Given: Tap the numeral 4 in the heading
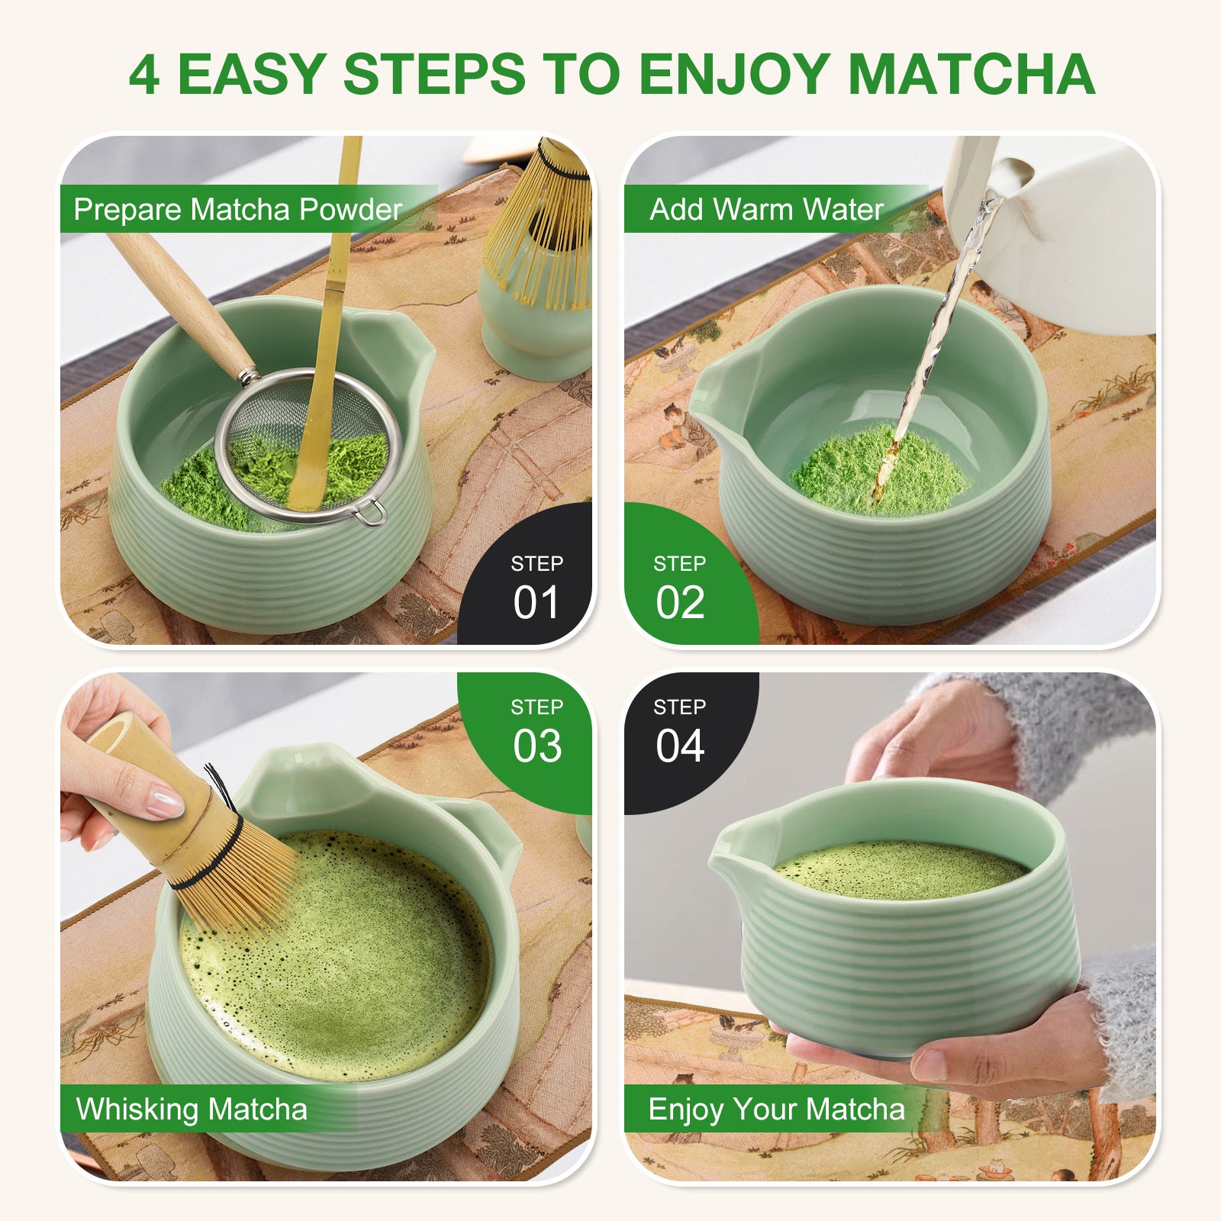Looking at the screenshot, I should tap(144, 76).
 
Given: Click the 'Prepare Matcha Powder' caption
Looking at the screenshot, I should tap(237, 209).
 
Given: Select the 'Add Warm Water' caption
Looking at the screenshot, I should tap(766, 209).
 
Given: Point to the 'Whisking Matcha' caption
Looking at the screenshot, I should tap(192, 1109).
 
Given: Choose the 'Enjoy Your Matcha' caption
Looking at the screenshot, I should tap(776, 1109).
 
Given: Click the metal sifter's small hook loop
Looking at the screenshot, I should tap(372, 513).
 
